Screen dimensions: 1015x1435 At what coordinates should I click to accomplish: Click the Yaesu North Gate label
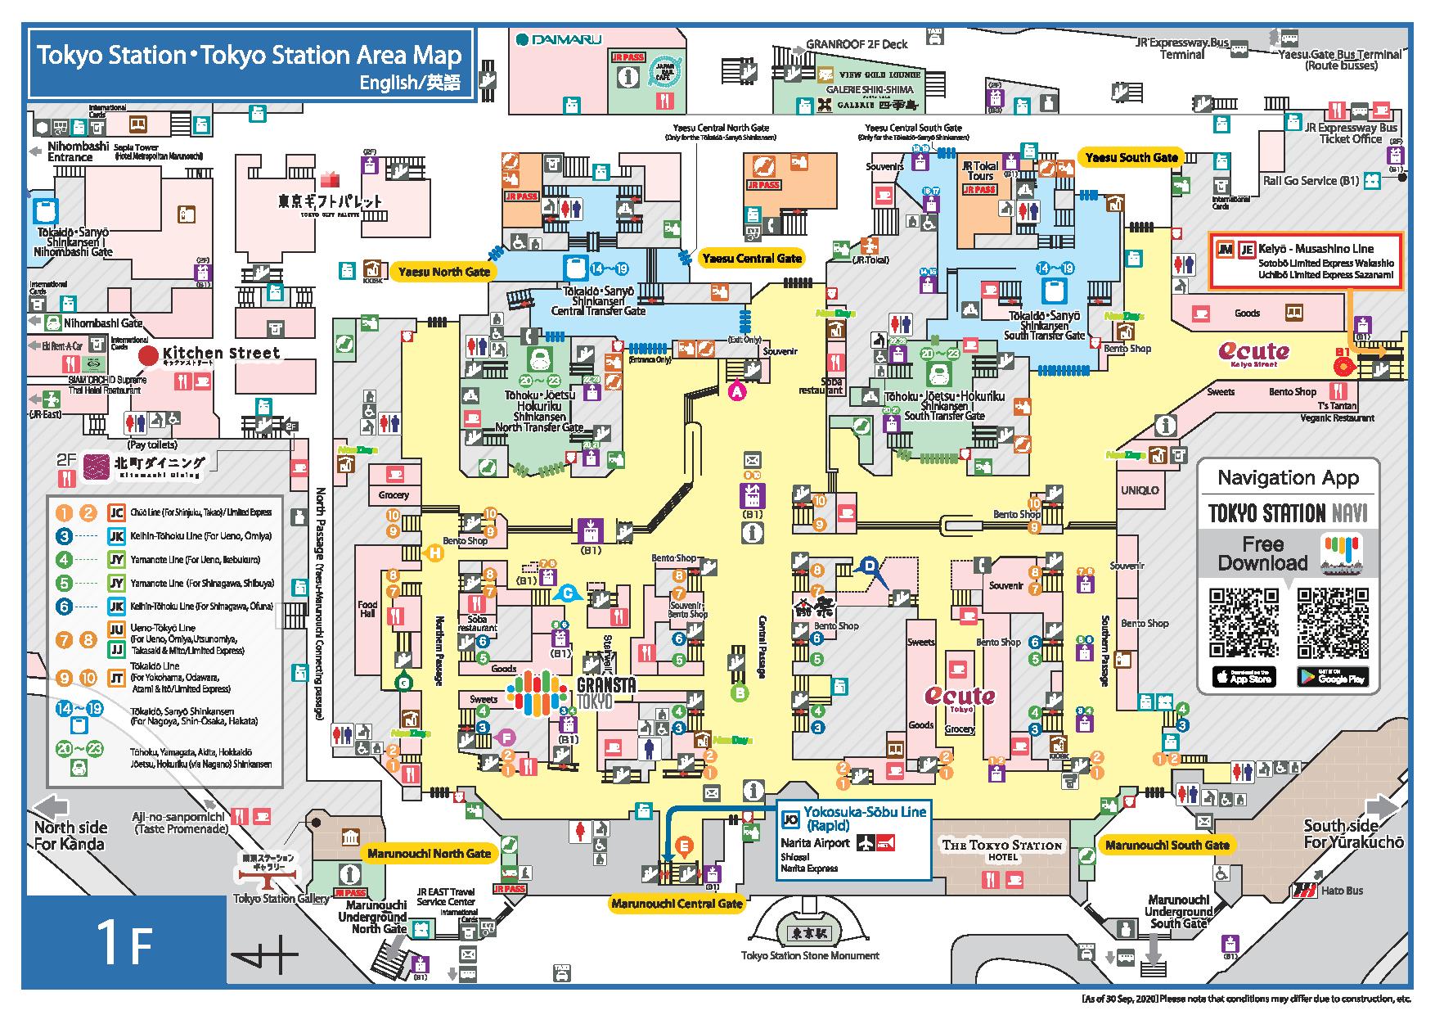click(443, 272)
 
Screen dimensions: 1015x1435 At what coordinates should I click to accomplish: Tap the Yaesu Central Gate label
click(752, 259)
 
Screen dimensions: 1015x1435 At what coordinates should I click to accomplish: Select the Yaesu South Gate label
click(1131, 158)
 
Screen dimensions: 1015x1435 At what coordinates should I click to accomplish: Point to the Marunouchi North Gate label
click(429, 854)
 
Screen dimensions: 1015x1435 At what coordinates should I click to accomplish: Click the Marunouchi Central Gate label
click(677, 904)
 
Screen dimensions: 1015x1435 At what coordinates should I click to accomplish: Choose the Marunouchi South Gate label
click(1167, 845)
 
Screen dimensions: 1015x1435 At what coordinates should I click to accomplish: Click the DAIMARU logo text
click(559, 38)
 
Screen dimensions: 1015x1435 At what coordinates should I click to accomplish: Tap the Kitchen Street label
click(226, 354)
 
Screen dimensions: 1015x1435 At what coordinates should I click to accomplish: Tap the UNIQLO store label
click(1140, 490)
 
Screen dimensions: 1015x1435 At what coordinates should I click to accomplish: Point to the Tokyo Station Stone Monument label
click(810, 955)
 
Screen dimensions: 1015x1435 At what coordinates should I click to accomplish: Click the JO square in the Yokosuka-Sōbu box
click(789, 819)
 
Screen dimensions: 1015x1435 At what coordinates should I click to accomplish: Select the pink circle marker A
click(737, 392)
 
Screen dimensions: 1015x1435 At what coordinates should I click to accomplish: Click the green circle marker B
click(739, 693)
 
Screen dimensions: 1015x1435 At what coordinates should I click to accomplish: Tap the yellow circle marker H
click(436, 553)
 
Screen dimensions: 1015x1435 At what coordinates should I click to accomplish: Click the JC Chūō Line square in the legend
click(116, 513)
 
